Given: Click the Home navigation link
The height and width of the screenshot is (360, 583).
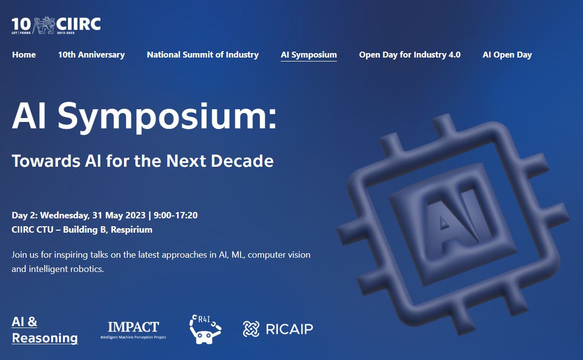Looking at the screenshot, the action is [x=24, y=55].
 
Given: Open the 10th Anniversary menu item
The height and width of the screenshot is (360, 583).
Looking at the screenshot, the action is [x=91, y=55].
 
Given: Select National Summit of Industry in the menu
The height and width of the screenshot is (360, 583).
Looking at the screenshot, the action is [x=203, y=55].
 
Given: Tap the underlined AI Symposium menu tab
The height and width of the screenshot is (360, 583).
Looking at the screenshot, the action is [x=308, y=55].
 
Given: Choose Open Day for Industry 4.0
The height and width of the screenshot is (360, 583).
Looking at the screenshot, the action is [x=410, y=55].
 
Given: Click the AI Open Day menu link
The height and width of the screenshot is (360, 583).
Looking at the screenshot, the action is [x=507, y=55].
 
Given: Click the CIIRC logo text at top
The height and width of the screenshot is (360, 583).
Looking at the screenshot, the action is [x=78, y=25].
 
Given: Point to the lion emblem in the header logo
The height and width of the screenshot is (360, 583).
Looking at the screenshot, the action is [x=44, y=25].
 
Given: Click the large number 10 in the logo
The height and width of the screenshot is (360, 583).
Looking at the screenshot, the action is [x=21, y=24].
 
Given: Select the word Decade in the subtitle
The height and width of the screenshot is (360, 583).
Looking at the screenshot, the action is [x=242, y=161].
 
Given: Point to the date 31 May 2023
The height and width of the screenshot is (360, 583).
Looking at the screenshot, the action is [x=119, y=215].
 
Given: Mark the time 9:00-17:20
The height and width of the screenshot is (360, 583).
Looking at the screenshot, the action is [x=176, y=215].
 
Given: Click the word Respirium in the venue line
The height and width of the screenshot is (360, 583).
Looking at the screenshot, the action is [x=132, y=230].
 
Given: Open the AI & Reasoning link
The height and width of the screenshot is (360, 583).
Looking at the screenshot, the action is [x=45, y=330].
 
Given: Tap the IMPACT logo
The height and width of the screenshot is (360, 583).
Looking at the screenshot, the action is [x=133, y=330].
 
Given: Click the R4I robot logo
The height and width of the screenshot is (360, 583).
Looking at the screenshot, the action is [x=205, y=329].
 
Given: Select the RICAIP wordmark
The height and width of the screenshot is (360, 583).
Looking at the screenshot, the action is [x=289, y=329].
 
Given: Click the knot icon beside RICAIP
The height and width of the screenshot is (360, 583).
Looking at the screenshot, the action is [x=251, y=329].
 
